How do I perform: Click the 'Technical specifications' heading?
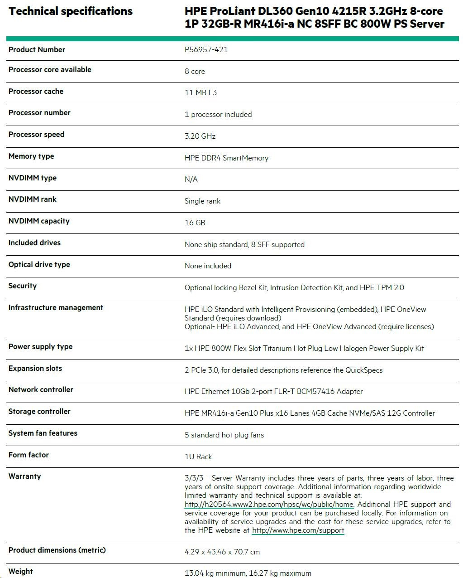tap(71, 11)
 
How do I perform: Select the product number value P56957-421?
tap(206, 49)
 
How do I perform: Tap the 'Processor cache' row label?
tap(36, 91)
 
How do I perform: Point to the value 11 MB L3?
tap(200, 92)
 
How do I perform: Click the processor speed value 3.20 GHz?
tap(200, 136)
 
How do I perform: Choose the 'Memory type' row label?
tap(31, 156)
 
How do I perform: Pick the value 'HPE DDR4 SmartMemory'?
tap(226, 158)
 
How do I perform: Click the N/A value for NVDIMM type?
tap(191, 179)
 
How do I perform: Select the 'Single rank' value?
tap(202, 201)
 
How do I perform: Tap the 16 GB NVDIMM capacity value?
tap(195, 223)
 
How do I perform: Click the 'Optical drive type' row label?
tap(39, 264)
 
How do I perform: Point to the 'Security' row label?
tap(22, 286)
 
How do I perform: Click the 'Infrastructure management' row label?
tap(56, 307)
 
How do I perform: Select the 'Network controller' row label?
tap(41, 389)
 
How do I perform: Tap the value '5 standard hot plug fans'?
tap(224, 435)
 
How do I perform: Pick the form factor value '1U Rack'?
tap(198, 457)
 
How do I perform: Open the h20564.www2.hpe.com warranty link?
tap(269, 504)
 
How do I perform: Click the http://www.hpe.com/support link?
tap(298, 530)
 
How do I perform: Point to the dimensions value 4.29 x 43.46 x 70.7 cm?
tap(222, 552)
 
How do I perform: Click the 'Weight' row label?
tap(20, 571)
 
